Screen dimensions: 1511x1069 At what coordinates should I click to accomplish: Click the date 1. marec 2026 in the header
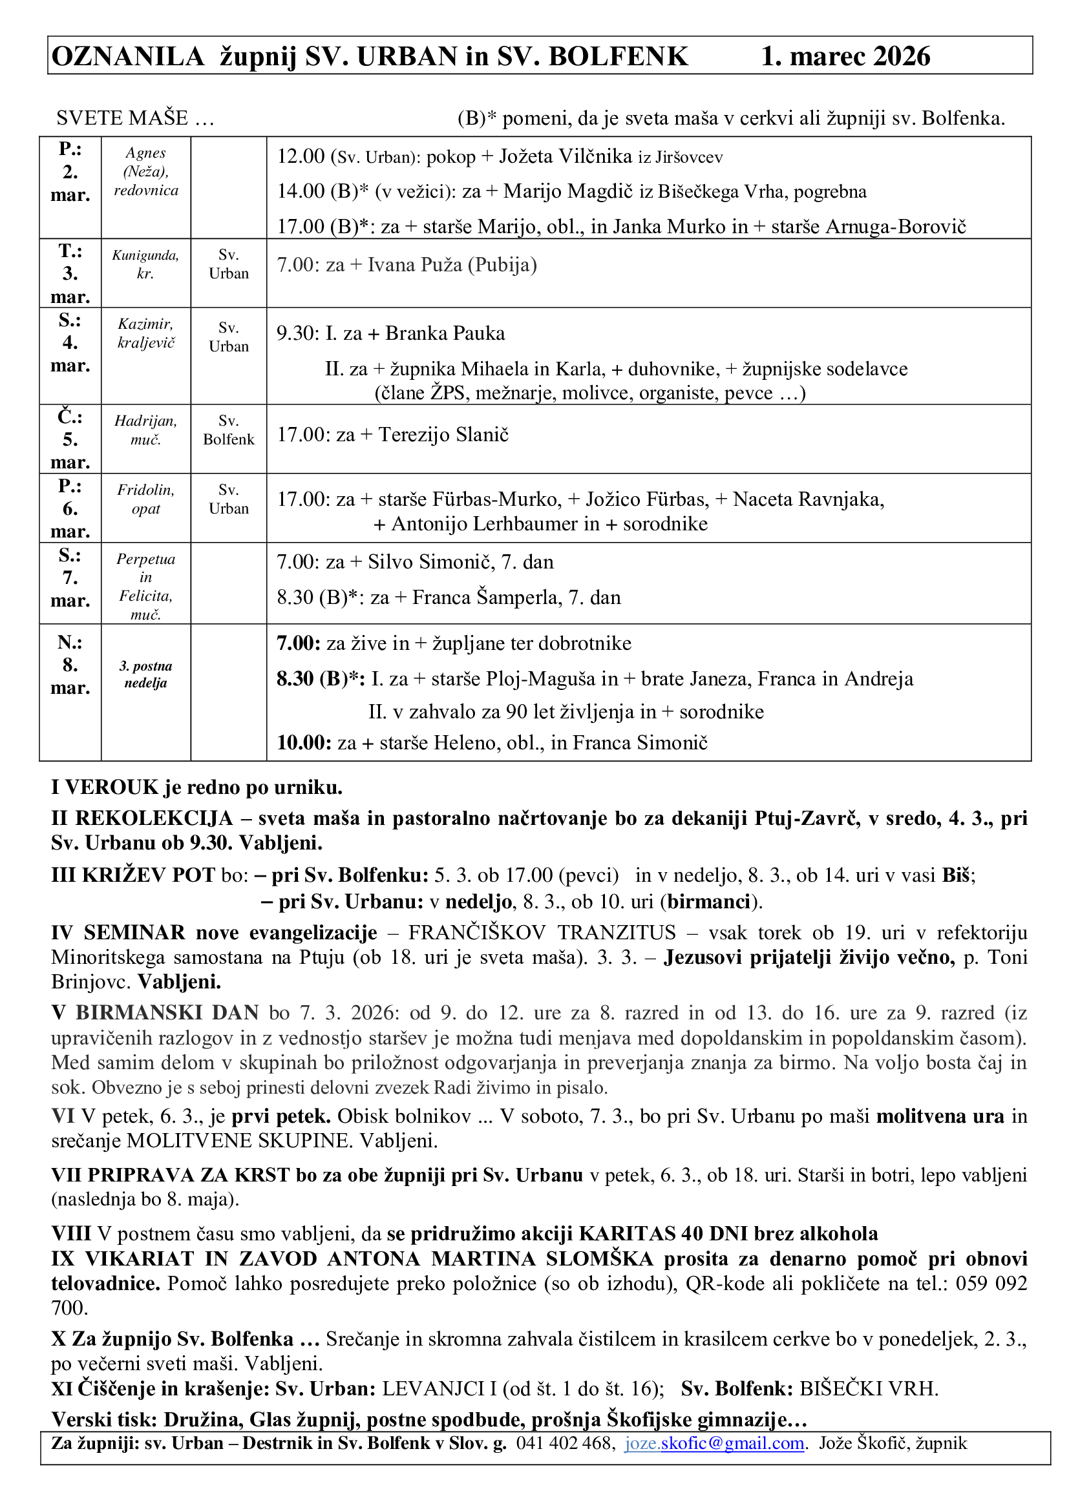(845, 57)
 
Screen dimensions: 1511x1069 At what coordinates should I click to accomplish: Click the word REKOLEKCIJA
(154, 818)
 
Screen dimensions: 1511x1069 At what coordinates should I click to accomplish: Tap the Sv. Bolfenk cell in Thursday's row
(228, 430)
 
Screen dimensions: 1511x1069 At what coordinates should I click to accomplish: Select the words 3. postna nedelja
(145, 674)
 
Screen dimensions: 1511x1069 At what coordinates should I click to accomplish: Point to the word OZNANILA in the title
(129, 57)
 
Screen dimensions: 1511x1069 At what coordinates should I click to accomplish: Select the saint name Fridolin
(145, 490)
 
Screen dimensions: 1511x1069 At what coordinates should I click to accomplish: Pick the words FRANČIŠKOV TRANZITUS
(542, 933)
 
